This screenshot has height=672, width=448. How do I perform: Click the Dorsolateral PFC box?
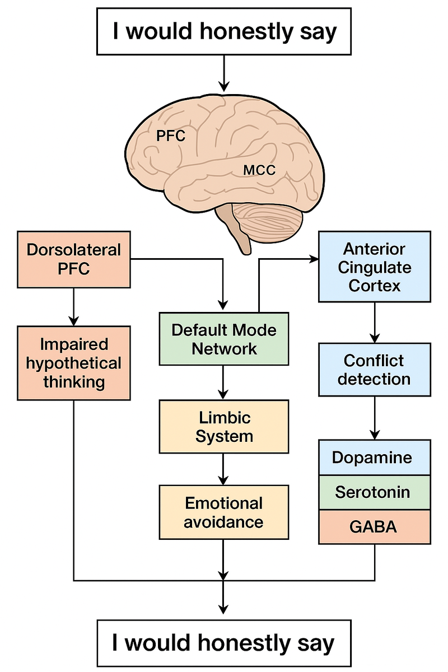(x=73, y=259)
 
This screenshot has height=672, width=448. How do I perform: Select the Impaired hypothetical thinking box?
(x=73, y=362)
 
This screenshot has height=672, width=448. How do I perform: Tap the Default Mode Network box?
(x=223, y=339)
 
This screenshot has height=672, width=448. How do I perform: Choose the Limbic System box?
(x=223, y=426)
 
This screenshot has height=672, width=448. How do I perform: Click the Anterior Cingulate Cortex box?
(x=375, y=267)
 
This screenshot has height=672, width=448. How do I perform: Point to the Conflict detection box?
(x=375, y=370)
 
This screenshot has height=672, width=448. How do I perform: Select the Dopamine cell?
(x=375, y=458)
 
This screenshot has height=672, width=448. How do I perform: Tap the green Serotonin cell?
(x=375, y=492)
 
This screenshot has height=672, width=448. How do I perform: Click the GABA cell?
(x=375, y=527)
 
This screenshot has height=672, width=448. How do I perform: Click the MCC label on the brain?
(x=259, y=170)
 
